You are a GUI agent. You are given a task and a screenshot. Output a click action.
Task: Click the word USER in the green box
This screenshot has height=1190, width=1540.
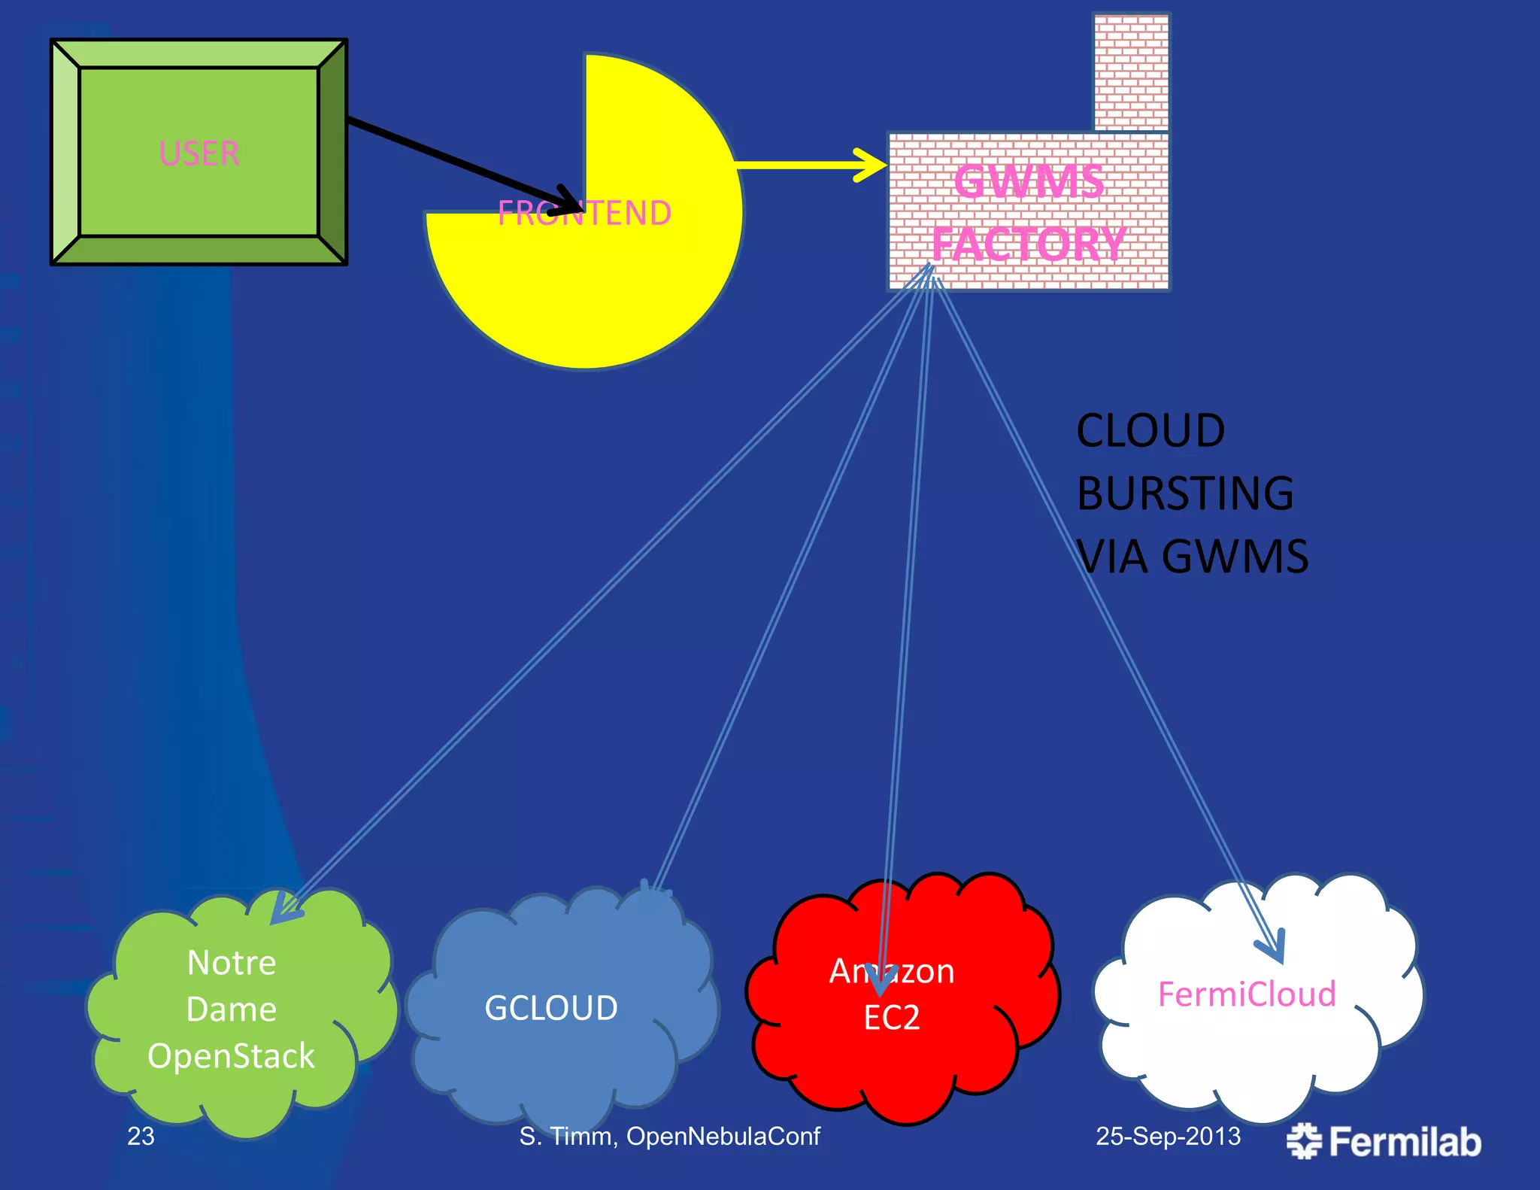point(199,153)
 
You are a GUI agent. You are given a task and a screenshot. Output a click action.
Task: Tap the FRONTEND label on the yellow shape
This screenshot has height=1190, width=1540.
point(584,214)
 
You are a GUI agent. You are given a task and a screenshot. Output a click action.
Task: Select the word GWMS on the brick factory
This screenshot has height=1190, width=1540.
point(1029,182)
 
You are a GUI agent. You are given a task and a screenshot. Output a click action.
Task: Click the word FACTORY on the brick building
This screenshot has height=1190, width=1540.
point(1029,244)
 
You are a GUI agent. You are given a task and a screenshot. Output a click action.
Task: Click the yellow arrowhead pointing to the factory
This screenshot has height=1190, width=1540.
point(872,165)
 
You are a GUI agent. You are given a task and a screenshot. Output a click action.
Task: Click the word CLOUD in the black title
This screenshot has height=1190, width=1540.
point(1150,431)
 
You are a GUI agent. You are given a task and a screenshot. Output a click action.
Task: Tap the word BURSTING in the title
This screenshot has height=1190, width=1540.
point(1185,493)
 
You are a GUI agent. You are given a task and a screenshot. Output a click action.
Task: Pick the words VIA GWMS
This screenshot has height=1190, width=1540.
point(1193,557)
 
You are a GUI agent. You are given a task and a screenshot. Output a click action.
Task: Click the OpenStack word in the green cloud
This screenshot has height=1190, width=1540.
point(231,1056)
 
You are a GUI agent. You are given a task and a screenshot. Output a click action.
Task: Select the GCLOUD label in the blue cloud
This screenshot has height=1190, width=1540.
point(551,1008)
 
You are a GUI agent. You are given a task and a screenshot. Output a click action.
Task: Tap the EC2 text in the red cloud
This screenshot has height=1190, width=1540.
point(892,1018)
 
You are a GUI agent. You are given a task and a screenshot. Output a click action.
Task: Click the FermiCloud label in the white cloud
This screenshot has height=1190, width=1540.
point(1247,994)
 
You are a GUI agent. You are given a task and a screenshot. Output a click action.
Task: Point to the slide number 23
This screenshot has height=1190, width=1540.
point(141,1136)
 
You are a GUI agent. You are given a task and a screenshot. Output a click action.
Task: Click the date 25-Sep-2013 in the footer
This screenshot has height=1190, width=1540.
point(1168,1136)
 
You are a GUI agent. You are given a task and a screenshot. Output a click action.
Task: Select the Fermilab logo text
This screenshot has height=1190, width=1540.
point(1404,1142)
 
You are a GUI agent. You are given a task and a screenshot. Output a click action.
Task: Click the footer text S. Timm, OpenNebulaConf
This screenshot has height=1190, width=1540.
point(669,1136)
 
